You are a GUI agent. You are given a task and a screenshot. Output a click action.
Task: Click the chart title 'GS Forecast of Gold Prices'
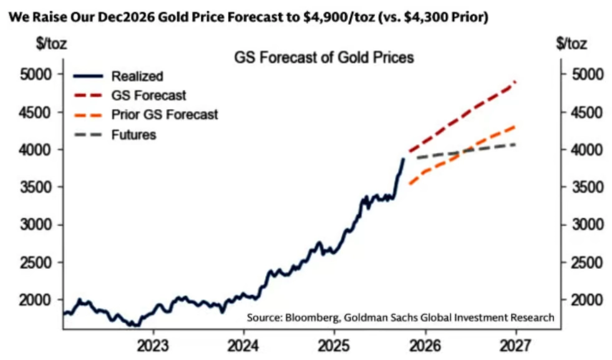tap(324, 58)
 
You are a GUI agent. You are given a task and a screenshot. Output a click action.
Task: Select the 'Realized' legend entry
tap(137, 77)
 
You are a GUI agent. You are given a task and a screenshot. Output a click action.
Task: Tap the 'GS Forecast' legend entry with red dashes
tap(148, 95)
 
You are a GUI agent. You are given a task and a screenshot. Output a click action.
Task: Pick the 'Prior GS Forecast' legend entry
tap(165, 115)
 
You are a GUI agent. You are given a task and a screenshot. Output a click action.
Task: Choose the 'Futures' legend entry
tap(134, 134)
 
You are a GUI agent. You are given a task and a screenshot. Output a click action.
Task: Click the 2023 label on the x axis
tap(153, 346)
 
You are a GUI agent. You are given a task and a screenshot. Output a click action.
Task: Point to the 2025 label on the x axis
tap(334, 346)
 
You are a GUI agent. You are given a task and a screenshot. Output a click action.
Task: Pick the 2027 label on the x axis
tap(515, 346)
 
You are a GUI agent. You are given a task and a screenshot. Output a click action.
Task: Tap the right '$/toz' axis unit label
tap(571, 44)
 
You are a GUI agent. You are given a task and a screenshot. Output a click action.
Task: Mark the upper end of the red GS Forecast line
tap(516, 82)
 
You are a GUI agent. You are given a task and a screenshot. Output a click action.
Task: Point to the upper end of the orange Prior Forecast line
tap(515, 126)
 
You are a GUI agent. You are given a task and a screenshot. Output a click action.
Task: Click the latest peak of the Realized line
tap(403, 159)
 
